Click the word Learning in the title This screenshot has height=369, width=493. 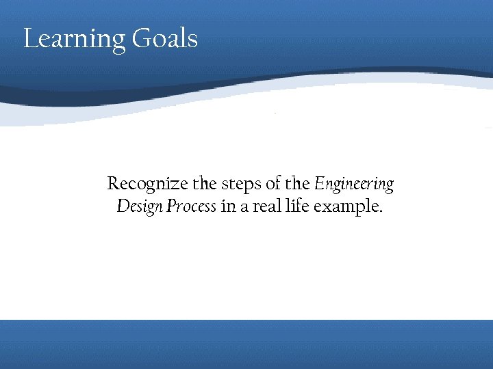(75, 39)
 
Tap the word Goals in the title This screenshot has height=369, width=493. (165, 38)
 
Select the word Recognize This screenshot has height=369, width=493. (148, 184)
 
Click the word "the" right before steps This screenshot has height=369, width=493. (204, 184)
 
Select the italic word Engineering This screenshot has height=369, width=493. (354, 184)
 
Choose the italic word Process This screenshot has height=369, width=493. (190, 206)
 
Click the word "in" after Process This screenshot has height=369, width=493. (228, 206)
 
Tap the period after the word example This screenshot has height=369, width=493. (381, 211)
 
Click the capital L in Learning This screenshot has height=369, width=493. (29, 38)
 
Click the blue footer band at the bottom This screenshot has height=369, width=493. (246, 344)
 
